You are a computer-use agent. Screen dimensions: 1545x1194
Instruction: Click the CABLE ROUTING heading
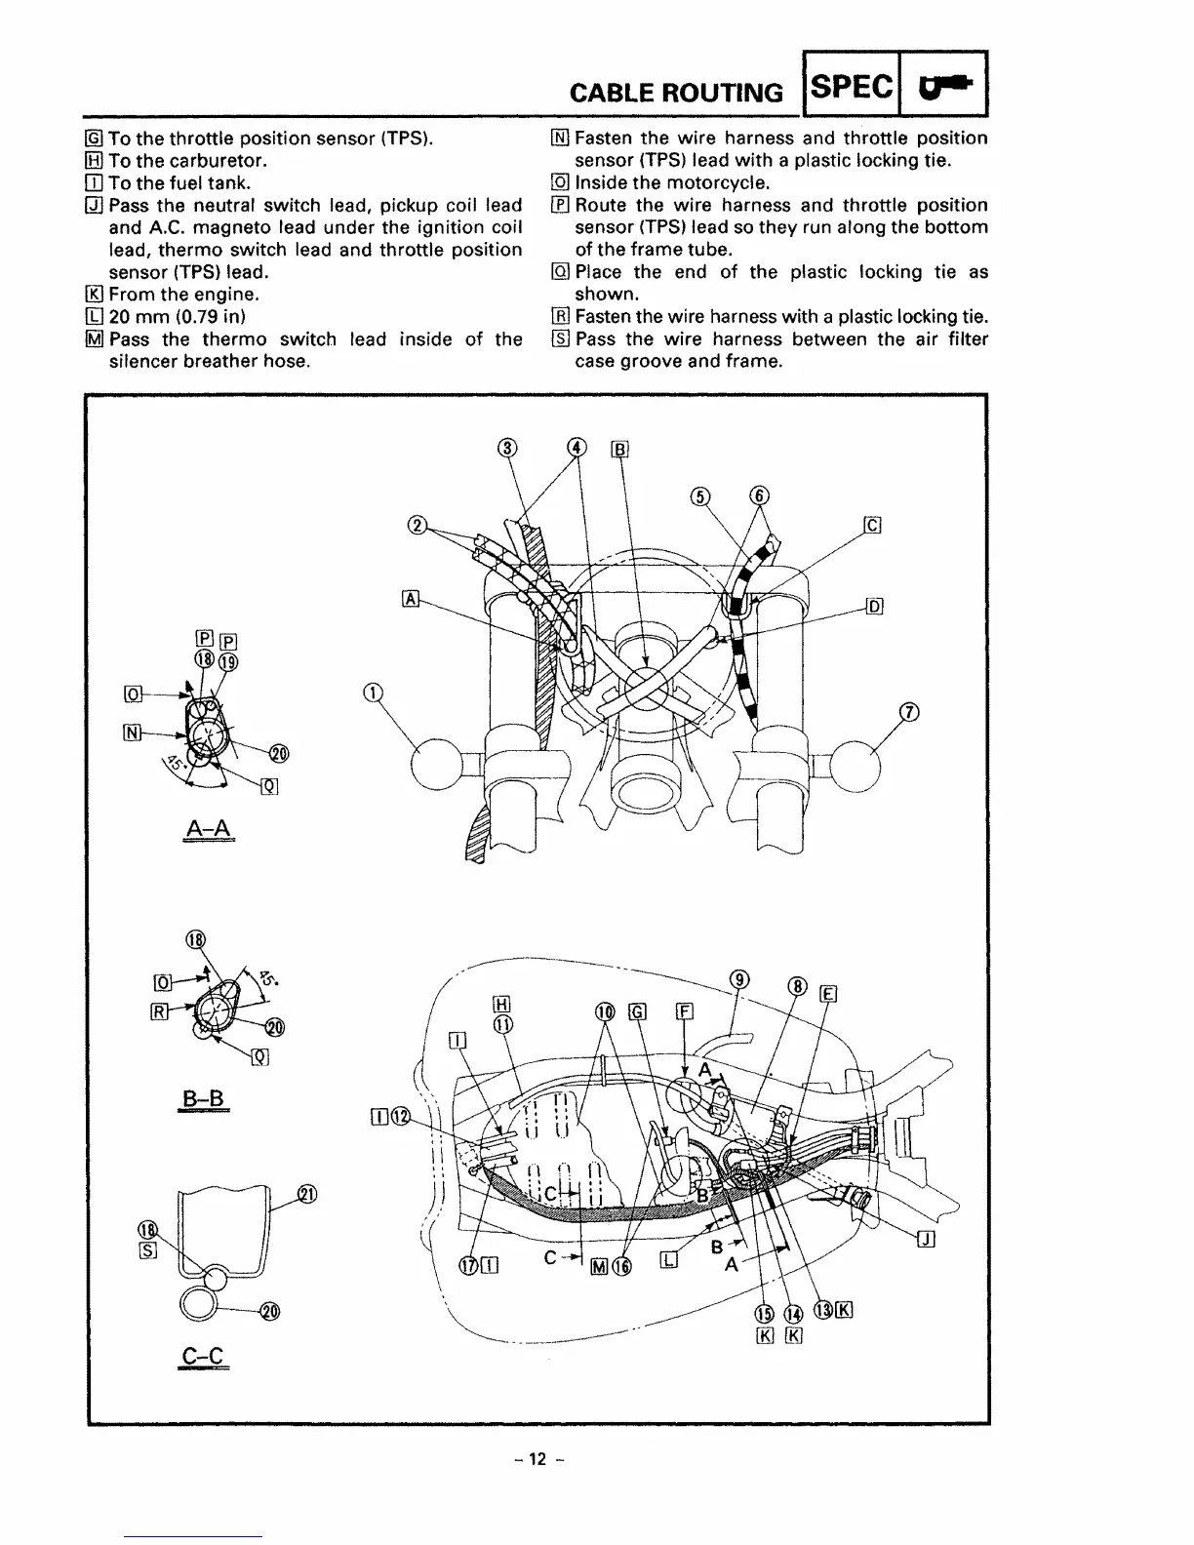pyautogui.click(x=676, y=93)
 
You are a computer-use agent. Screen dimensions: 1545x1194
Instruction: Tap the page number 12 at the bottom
pyautogui.click(x=536, y=1459)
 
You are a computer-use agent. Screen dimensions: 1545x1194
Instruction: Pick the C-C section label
pyautogui.click(x=203, y=1356)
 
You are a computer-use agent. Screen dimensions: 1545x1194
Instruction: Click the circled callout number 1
pyautogui.click(x=371, y=693)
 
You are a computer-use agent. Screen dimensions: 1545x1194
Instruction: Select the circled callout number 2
pyautogui.click(x=417, y=527)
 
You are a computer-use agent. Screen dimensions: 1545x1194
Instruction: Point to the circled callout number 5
pyautogui.click(x=699, y=495)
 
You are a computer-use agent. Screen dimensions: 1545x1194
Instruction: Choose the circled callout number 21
pyautogui.click(x=307, y=1195)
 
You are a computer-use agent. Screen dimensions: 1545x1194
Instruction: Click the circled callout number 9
pyautogui.click(x=740, y=979)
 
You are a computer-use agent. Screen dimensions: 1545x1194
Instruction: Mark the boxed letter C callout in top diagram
pyautogui.click(x=873, y=527)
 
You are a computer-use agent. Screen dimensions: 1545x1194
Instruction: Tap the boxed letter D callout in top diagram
pyautogui.click(x=874, y=606)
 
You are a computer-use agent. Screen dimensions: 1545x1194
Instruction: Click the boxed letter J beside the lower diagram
pyautogui.click(x=927, y=1239)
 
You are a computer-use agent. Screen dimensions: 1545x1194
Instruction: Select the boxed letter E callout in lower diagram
pyautogui.click(x=830, y=994)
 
